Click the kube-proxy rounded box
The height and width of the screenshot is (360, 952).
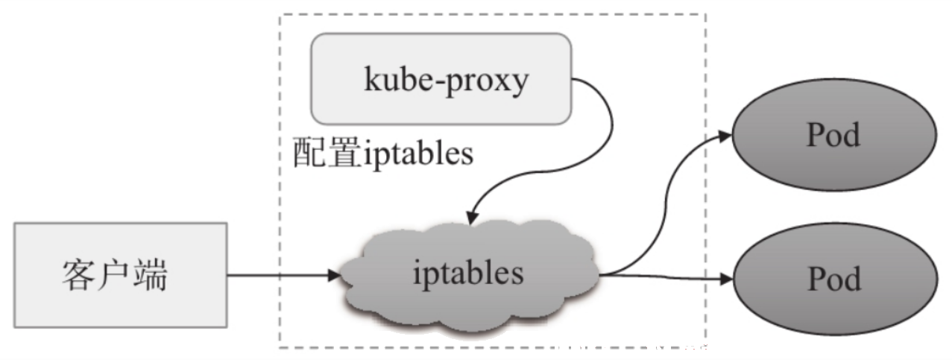point(441,79)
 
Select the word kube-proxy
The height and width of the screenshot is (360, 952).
point(447,80)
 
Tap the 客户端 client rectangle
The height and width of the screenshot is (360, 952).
point(121,275)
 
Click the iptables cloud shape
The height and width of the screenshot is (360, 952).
point(470,279)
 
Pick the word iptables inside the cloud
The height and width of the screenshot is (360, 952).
point(468,274)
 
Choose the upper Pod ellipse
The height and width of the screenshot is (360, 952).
point(834,135)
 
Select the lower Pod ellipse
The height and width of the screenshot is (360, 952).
point(835,279)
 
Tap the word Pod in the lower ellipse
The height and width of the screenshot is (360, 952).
point(835,279)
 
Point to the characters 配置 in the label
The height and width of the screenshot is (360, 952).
point(327,152)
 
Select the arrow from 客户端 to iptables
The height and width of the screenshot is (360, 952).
point(284,276)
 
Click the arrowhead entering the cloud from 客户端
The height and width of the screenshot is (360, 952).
point(335,276)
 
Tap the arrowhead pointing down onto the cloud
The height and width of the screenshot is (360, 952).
point(472,218)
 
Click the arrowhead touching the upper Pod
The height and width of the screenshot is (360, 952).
point(725,136)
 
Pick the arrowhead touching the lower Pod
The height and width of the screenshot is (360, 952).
point(726,280)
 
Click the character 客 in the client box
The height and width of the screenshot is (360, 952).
point(80,275)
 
